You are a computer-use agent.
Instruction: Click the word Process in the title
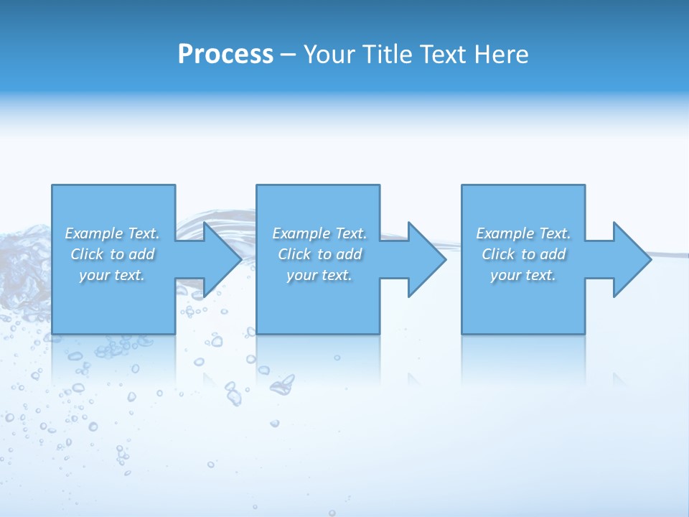click(x=225, y=55)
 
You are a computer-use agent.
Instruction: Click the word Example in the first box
click(x=94, y=233)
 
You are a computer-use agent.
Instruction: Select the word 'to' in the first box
click(x=118, y=254)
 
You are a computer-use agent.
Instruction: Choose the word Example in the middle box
click(x=301, y=233)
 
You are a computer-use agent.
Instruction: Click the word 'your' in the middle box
click(x=301, y=275)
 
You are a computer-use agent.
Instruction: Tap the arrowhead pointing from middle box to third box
click(x=426, y=259)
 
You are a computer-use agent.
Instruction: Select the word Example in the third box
click(x=505, y=233)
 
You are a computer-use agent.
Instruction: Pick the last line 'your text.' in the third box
click(x=523, y=275)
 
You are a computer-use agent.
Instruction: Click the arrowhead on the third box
click(x=630, y=259)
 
